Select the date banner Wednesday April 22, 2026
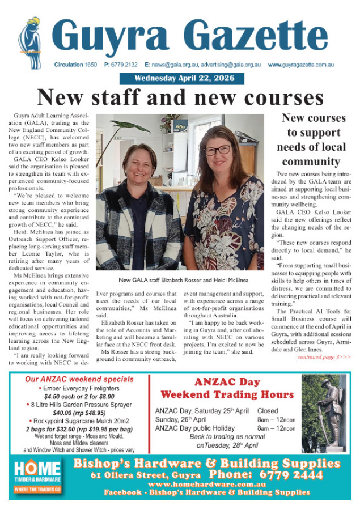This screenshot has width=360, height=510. (x=181, y=79)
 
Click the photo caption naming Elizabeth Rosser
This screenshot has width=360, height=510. (x=180, y=280)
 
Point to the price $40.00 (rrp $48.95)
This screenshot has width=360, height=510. (x=80, y=413)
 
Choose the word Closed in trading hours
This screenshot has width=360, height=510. (x=268, y=410)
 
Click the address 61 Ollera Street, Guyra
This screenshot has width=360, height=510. (x=146, y=475)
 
